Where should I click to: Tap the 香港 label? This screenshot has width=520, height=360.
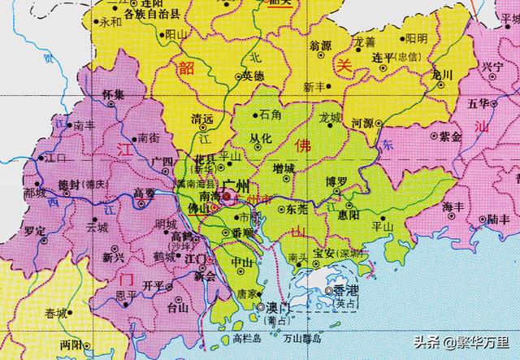(x=335, y=290)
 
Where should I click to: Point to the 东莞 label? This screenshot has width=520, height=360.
(x=297, y=209)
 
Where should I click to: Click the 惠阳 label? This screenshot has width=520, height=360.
(x=348, y=216)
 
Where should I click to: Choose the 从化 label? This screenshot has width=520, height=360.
(x=258, y=138)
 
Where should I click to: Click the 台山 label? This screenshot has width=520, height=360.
(x=178, y=307)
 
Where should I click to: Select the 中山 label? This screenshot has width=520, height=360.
(x=241, y=262)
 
